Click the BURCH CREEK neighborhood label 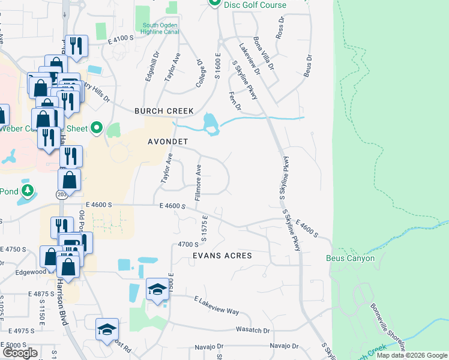(x=164, y=111)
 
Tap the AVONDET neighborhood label (x=168, y=142)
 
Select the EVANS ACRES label (x=221, y=256)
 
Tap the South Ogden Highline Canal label (x=160, y=29)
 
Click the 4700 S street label (x=188, y=244)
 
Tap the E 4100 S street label (x=120, y=39)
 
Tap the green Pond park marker (x=26, y=191)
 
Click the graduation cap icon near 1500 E (x=157, y=290)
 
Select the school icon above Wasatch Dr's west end (x=107, y=329)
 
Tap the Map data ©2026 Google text (x=412, y=355)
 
